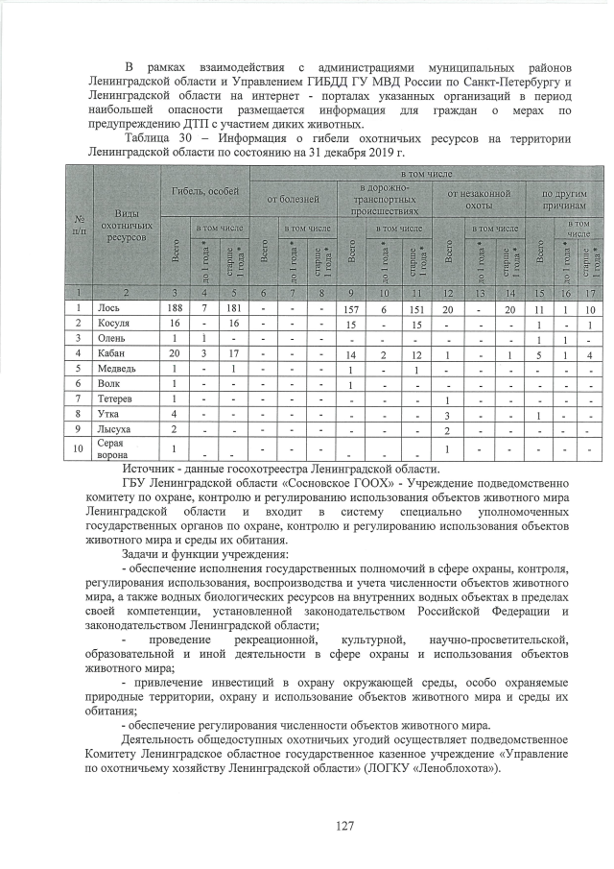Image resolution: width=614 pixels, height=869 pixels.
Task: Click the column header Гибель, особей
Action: pos(205,192)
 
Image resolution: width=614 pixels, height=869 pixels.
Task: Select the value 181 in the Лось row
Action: pos(231,307)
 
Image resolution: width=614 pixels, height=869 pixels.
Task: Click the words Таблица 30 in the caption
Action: pos(153,138)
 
